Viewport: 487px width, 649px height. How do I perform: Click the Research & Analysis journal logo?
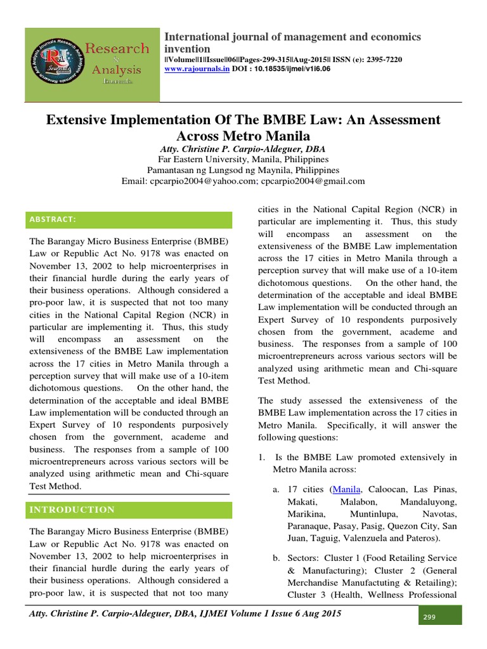(92, 65)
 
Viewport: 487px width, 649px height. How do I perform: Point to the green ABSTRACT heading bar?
(129, 219)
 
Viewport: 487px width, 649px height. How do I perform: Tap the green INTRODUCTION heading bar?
(129, 510)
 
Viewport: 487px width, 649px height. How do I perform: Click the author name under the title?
(243, 148)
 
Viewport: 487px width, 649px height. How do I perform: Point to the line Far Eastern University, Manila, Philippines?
(243, 158)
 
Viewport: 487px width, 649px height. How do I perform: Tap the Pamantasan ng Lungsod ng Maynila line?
(243, 170)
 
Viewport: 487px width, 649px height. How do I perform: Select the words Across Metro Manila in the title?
(243, 135)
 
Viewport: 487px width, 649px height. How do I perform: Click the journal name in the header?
(292, 42)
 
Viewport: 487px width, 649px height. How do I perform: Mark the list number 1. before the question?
(263, 457)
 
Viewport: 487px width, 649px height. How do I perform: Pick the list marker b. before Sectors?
(277, 558)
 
